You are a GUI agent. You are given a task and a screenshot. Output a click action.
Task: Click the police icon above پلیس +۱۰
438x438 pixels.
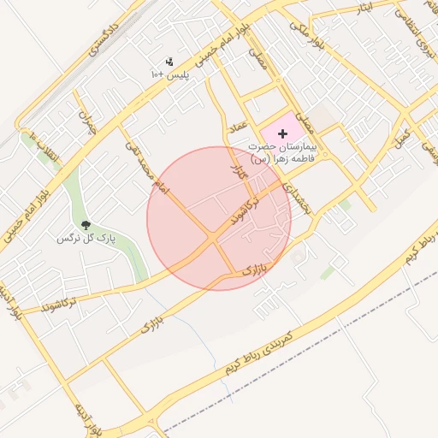tap(169, 62)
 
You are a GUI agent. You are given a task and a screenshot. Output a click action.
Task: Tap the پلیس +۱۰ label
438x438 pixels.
tap(169, 75)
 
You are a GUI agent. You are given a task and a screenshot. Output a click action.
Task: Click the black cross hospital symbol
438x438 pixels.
tap(283, 134)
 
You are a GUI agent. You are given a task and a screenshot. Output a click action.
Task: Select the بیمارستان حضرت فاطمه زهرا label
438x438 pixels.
tap(282, 152)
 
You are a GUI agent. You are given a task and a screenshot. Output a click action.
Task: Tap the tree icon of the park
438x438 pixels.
tap(85, 224)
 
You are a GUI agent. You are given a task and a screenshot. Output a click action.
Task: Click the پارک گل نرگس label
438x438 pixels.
tap(86, 237)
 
